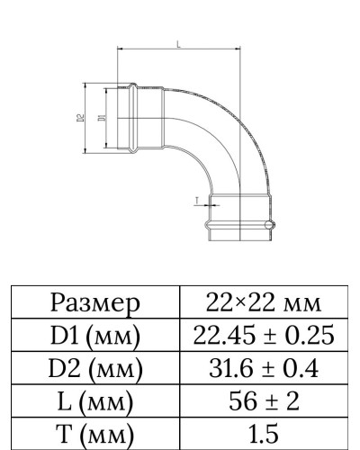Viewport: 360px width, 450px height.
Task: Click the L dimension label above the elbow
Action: (x=177, y=43)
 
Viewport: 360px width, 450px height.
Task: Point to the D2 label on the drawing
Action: (x=80, y=117)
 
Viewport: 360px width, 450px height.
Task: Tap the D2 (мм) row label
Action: (x=95, y=370)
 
